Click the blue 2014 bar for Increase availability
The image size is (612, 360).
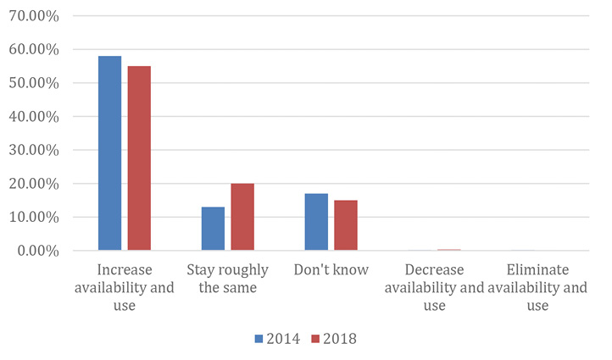click(109, 153)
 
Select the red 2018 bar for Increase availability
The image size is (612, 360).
click(138, 158)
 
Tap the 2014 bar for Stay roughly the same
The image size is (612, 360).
click(213, 229)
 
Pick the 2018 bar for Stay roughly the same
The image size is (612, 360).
click(242, 217)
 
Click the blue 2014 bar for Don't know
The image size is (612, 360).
click(316, 222)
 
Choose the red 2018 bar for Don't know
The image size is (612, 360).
click(345, 225)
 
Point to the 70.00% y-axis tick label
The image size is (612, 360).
click(33, 16)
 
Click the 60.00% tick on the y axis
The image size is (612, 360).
click(33, 50)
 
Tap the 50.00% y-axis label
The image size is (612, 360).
click(33, 83)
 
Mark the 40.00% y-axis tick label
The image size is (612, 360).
click(33, 117)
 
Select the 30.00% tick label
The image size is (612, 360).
click(33, 150)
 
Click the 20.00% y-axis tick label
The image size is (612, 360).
click(33, 184)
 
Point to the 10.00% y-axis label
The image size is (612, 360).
click(33, 217)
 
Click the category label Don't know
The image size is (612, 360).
click(331, 270)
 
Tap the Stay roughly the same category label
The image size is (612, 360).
click(227, 279)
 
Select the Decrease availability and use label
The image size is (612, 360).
click(434, 287)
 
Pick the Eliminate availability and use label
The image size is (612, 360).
click(537, 287)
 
